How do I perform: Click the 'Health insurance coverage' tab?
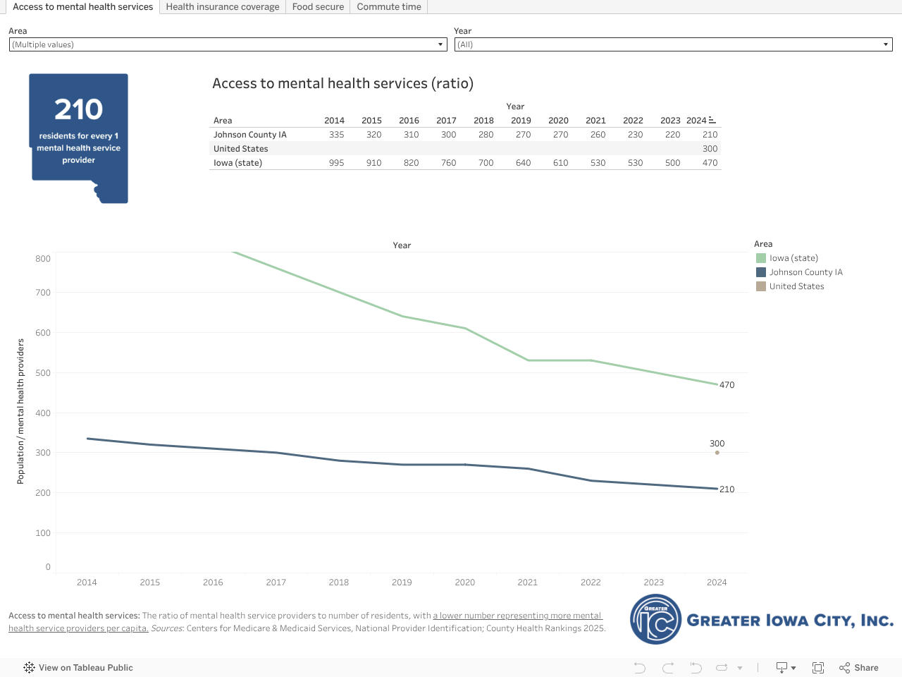click(x=223, y=7)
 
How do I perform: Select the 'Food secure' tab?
click(x=318, y=7)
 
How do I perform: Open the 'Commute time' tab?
click(x=389, y=7)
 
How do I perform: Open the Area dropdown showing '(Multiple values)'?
click(x=228, y=44)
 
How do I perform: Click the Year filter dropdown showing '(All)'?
click(x=673, y=44)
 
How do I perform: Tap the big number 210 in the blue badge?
click(x=79, y=109)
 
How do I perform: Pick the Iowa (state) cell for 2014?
click(x=336, y=163)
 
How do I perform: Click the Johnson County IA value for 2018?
click(x=486, y=135)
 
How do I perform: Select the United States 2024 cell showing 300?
click(x=710, y=149)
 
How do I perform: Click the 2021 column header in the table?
click(x=595, y=121)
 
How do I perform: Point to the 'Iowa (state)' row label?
click(x=238, y=163)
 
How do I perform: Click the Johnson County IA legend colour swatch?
click(x=761, y=272)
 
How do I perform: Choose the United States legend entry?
click(x=796, y=286)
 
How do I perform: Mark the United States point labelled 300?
click(x=717, y=453)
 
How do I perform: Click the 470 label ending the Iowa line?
click(x=727, y=385)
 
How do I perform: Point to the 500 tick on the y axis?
click(x=43, y=373)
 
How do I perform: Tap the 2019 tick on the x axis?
click(x=402, y=583)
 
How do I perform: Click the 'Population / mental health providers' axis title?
click(x=20, y=411)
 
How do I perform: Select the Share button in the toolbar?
click(x=859, y=668)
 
